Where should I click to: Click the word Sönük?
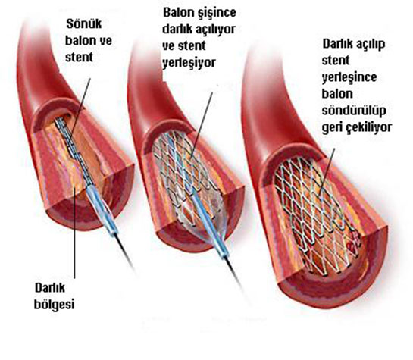click(x=84, y=23)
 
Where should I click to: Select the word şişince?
click(x=217, y=13)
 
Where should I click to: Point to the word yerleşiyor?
click(x=189, y=63)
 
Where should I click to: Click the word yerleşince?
click(x=349, y=77)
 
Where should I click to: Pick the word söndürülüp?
click(x=354, y=111)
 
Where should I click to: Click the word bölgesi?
click(x=55, y=305)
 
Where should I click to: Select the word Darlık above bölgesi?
click(x=50, y=287)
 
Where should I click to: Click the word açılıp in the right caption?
click(x=371, y=44)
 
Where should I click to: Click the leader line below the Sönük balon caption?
click(x=80, y=107)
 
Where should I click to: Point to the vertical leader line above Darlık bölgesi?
click(x=74, y=232)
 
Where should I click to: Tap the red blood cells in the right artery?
click(x=353, y=243)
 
